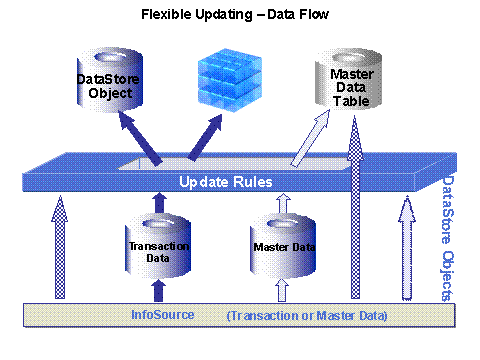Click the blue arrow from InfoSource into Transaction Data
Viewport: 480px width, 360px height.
155,290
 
